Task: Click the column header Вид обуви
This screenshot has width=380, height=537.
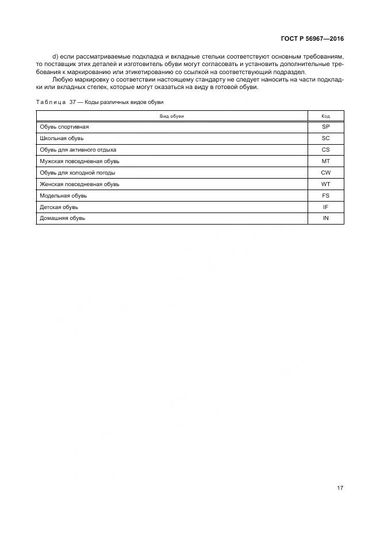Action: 172,116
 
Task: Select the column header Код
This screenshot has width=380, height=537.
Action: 325,116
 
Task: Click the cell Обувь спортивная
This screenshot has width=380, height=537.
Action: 64,126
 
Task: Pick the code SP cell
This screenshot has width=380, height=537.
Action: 325,126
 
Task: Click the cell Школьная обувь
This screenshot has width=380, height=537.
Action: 62,138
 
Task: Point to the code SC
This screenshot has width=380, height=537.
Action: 325,138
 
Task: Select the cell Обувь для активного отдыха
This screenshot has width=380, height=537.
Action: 78,149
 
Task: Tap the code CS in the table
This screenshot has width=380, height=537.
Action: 325,149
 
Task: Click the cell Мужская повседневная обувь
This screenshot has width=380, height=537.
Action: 79,161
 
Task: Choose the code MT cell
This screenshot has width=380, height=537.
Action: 325,161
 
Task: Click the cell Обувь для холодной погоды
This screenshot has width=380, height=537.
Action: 77,172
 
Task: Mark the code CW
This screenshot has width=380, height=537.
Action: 325,172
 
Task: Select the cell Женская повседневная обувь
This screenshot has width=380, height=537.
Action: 79,184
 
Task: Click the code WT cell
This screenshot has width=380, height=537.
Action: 325,184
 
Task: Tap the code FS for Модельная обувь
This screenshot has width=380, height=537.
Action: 325,195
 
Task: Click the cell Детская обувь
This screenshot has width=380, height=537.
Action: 59,207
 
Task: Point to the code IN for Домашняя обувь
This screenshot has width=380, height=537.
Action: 325,218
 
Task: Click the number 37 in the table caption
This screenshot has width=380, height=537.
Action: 72,102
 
